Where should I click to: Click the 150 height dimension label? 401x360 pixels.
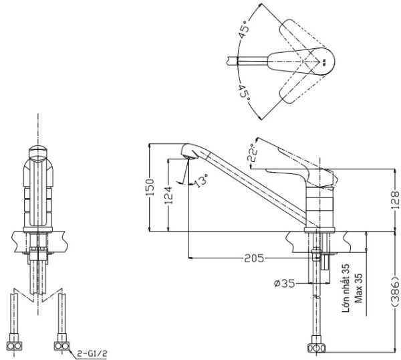pyautogui.click(x=150, y=187)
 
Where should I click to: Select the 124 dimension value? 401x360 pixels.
pyautogui.click(x=169, y=195)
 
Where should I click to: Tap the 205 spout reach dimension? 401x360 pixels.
pyautogui.click(x=254, y=258)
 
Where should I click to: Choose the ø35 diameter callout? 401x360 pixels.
pyautogui.click(x=285, y=284)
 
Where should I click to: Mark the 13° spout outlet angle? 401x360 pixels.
pyautogui.click(x=201, y=181)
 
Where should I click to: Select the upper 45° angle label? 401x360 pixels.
pyautogui.click(x=243, y=29)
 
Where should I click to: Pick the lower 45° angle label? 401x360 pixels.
pyautogui.click(x=244, y=92)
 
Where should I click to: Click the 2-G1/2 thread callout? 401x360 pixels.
pyautogui.click(x=92, y=354)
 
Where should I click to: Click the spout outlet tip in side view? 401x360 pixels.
pyautogui.click(x=188, y=157)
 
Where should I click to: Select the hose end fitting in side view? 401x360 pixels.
pyautogui.click(x=316, y=348)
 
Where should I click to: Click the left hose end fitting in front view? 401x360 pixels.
pyautogui.click(x=14, y=346)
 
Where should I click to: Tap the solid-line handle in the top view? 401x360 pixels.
pyautogui.click(x=301, y=61)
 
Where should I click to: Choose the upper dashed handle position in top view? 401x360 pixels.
pyautogui.click(x=300, y=36)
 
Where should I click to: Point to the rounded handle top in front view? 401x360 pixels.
pyautogui.click(x=38, y=153)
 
